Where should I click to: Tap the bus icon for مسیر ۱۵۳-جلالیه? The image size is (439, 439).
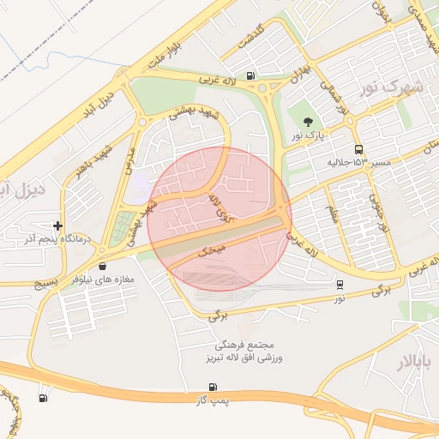pos(358,148)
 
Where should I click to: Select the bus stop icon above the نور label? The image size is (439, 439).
pos(340,285)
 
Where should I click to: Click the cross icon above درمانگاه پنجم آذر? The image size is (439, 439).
pos(57,225)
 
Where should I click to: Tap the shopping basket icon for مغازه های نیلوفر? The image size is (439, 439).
pos(103,267)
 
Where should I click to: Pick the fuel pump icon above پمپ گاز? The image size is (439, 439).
pos(212,388)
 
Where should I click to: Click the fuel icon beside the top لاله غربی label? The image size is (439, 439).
pos(250,75)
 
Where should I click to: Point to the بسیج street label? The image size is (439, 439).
pos(38,282)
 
